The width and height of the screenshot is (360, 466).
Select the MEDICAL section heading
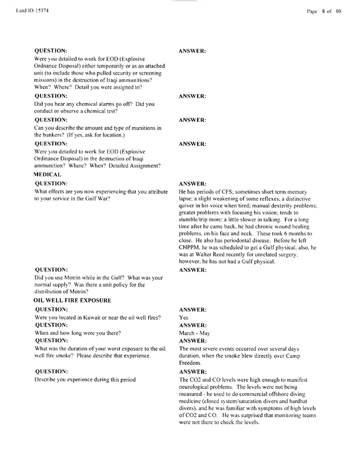pyautogui.click(x=51, y=175)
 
